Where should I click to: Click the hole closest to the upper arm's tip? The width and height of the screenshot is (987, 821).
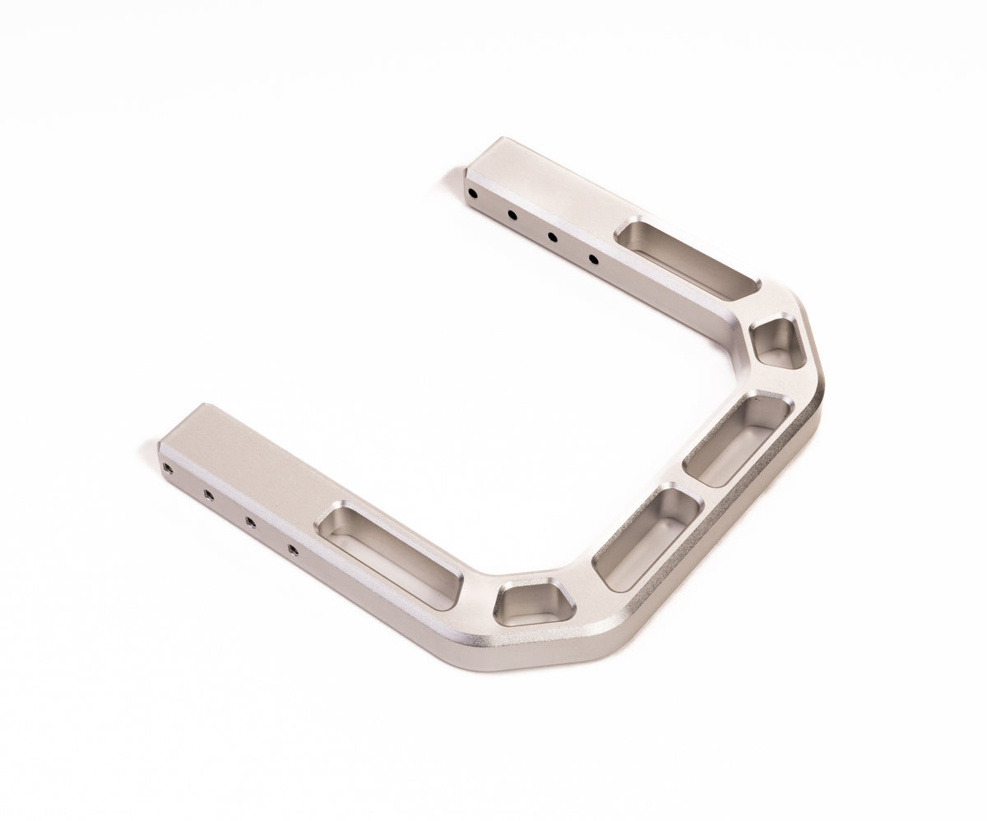coord(472,194)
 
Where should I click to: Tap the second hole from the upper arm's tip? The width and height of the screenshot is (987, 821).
coord(512,215)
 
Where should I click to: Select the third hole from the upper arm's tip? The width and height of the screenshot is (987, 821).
coord(552,238)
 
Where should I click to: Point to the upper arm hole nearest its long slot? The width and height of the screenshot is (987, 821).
coord(593,260)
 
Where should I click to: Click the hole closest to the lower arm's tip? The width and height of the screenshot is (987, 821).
coord(168,468)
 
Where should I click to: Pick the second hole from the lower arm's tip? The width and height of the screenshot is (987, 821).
coord(208,495)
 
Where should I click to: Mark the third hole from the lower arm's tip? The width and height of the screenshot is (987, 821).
coord(250,522)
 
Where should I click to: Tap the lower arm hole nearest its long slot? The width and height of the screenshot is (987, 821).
coord(293,549)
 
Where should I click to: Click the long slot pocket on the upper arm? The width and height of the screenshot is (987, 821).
coord(687,260)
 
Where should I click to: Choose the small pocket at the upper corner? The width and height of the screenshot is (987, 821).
coord(778,342)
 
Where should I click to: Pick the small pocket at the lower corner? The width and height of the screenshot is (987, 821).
coord(534,602)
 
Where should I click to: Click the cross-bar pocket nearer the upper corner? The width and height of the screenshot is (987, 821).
coord(738,440)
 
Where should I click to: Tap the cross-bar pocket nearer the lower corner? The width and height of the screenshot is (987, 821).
coord(646,537)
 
